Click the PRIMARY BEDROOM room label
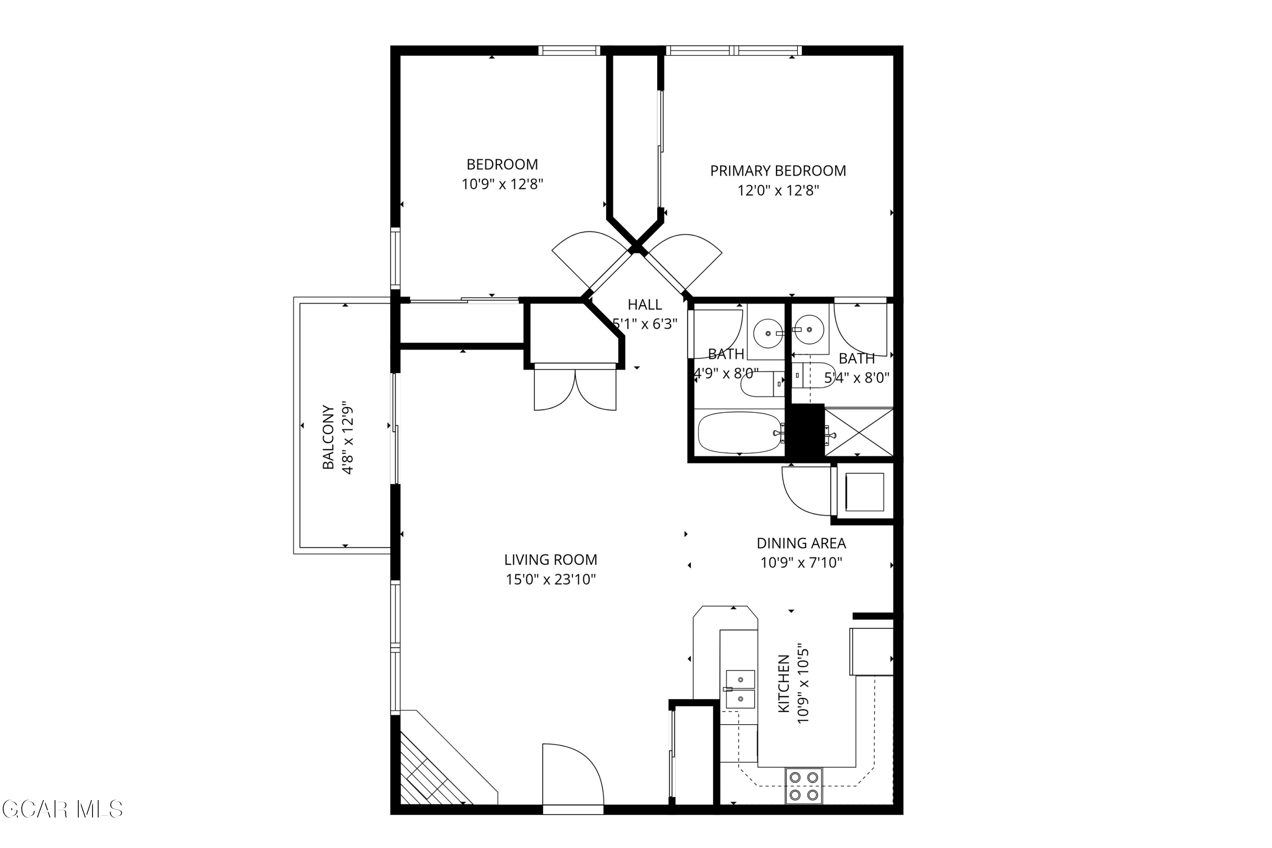[778, 171]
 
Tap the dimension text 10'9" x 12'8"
[502, 184]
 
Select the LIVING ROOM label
[550, 560]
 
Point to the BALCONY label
[328, 437]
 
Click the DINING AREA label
[801, 543]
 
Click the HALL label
[644, 304]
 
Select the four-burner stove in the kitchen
[803, 786]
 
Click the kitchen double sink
[740, 689]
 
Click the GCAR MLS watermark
[62, 809]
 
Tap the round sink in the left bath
[768, 333]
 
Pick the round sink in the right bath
[809, 329]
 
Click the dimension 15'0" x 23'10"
[550, 580]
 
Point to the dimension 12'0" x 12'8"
[778, 191]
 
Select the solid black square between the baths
[805, 432]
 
